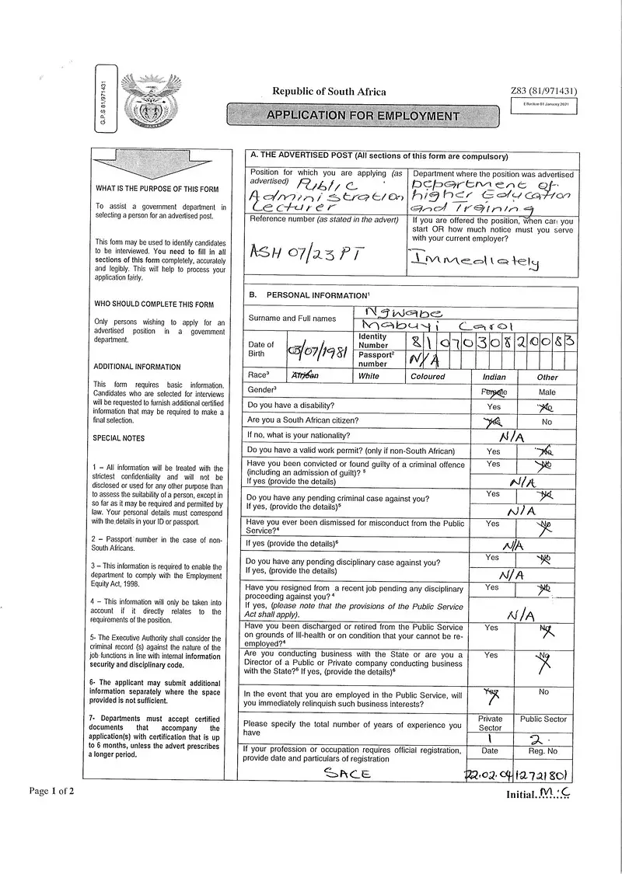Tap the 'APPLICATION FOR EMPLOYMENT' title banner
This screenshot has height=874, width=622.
[x=363, y=116]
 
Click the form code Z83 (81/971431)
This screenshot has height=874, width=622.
[x=543, y=91]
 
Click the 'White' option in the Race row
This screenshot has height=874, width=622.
[x=369, y=376]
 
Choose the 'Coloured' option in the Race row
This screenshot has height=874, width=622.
[x=428, y=376]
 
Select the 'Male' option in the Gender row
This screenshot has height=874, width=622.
[x=547, y=392]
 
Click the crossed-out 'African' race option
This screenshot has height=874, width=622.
[x=305, y=376]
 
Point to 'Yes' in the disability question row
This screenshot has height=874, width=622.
[x=494, y=406]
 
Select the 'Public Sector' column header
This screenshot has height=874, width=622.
[x=543, y=719]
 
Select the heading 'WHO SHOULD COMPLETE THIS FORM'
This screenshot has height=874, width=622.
[x=154, y=305]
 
